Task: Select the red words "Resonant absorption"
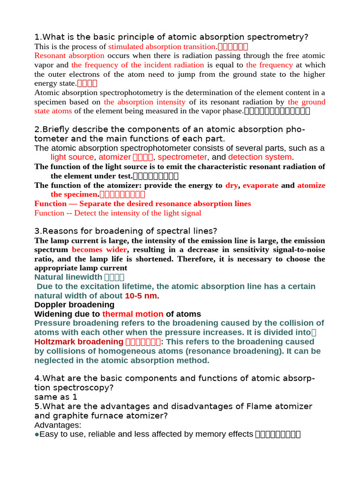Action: (69, 56)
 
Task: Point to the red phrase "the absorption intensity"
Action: (145, 102)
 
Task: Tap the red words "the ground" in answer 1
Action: (307, 102)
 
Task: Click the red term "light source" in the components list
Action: (72, 157)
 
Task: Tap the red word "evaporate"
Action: (260, 186)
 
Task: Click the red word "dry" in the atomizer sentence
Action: (232, 186)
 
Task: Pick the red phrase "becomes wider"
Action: (99, 250)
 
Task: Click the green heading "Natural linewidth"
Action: (68, 277)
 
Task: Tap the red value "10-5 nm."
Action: (142, 296)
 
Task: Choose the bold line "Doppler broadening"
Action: (74, 305)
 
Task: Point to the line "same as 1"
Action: (56, 397)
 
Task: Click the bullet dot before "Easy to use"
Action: (37, 435)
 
